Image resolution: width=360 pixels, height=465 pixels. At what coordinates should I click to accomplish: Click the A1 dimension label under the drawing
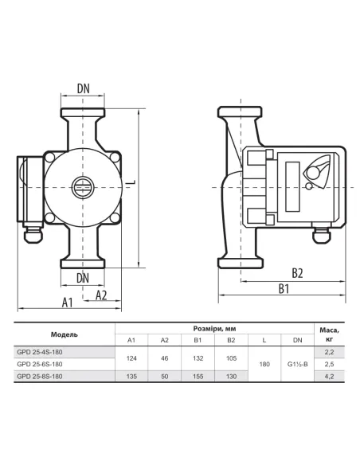tap(68, 303)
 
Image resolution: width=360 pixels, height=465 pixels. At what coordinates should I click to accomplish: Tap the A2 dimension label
tap(101, 295)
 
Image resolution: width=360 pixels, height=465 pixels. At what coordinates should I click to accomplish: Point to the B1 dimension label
tap(284, 288)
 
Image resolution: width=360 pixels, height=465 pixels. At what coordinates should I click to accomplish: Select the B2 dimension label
tap(297, 273)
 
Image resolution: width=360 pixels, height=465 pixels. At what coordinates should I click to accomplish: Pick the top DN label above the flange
tap(84, 88)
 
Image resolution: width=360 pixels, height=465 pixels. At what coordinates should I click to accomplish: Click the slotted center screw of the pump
tap(83, 187)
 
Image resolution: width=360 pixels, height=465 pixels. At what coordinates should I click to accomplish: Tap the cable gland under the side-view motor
tap(322, 236)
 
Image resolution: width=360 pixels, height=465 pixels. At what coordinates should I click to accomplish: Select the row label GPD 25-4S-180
tap(40, 352)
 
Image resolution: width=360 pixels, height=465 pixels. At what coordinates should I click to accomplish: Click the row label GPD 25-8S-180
tap(40, 377)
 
